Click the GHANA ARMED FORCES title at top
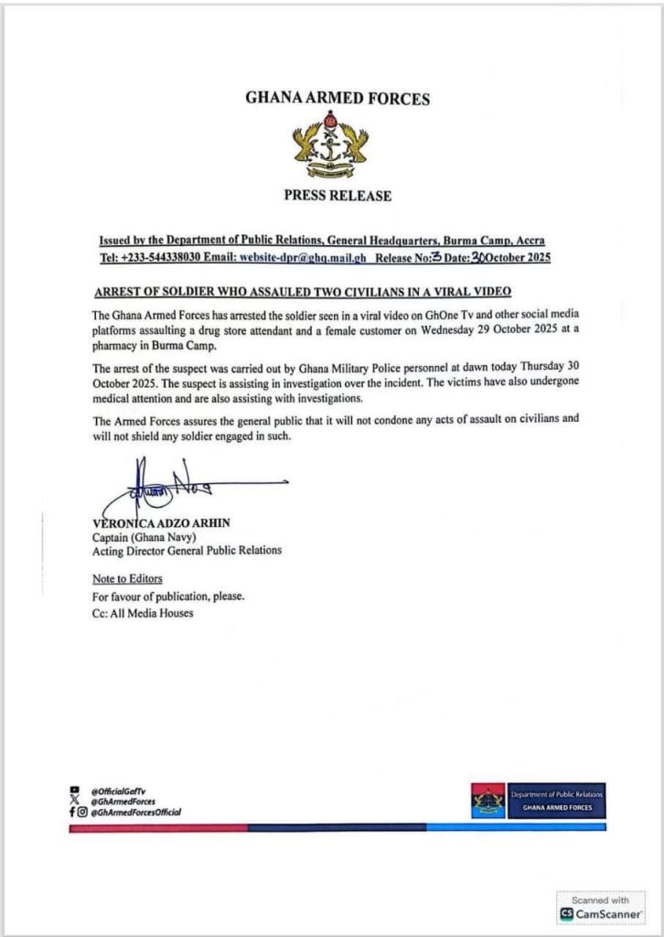[337, 98]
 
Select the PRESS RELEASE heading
[337, 195]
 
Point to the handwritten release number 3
[436, 257]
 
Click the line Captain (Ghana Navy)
[137, 536]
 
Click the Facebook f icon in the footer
[72, 812]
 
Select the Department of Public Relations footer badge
[538, 800]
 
